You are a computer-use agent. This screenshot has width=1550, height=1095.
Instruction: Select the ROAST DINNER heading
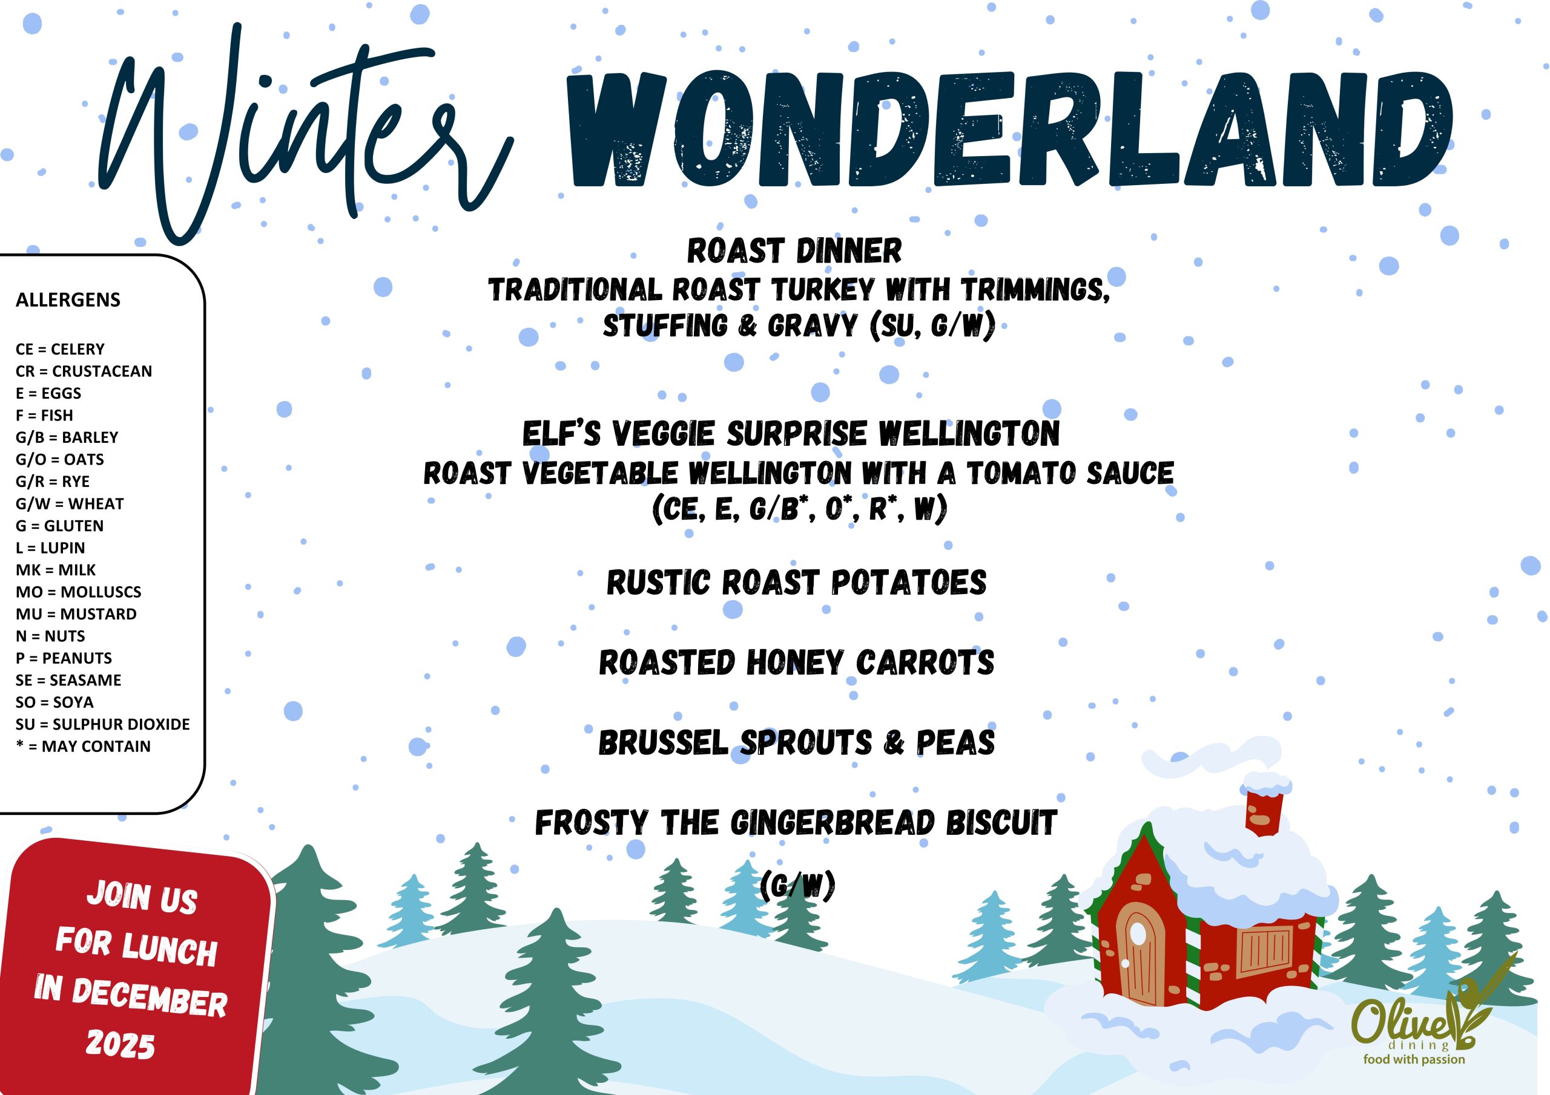coord(794,251)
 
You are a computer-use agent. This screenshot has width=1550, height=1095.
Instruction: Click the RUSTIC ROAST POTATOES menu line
coord(797,582)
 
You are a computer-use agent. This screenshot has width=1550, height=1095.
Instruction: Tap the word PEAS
coord(955,742)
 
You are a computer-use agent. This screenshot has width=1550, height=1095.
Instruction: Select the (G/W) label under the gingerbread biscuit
coord(798,885)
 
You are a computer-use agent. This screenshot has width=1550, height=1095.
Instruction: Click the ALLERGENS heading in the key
coord(68,299)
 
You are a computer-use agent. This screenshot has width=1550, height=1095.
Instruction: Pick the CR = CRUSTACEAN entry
coord(84,371)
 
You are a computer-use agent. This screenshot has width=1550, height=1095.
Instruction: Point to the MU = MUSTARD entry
coord(76,614)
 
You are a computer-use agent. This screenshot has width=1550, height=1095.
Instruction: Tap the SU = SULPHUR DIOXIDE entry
coord(102,724)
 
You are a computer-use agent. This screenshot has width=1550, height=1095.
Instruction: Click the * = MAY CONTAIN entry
coord(83,746)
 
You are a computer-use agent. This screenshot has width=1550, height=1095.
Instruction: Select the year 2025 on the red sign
coord(120,1044)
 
